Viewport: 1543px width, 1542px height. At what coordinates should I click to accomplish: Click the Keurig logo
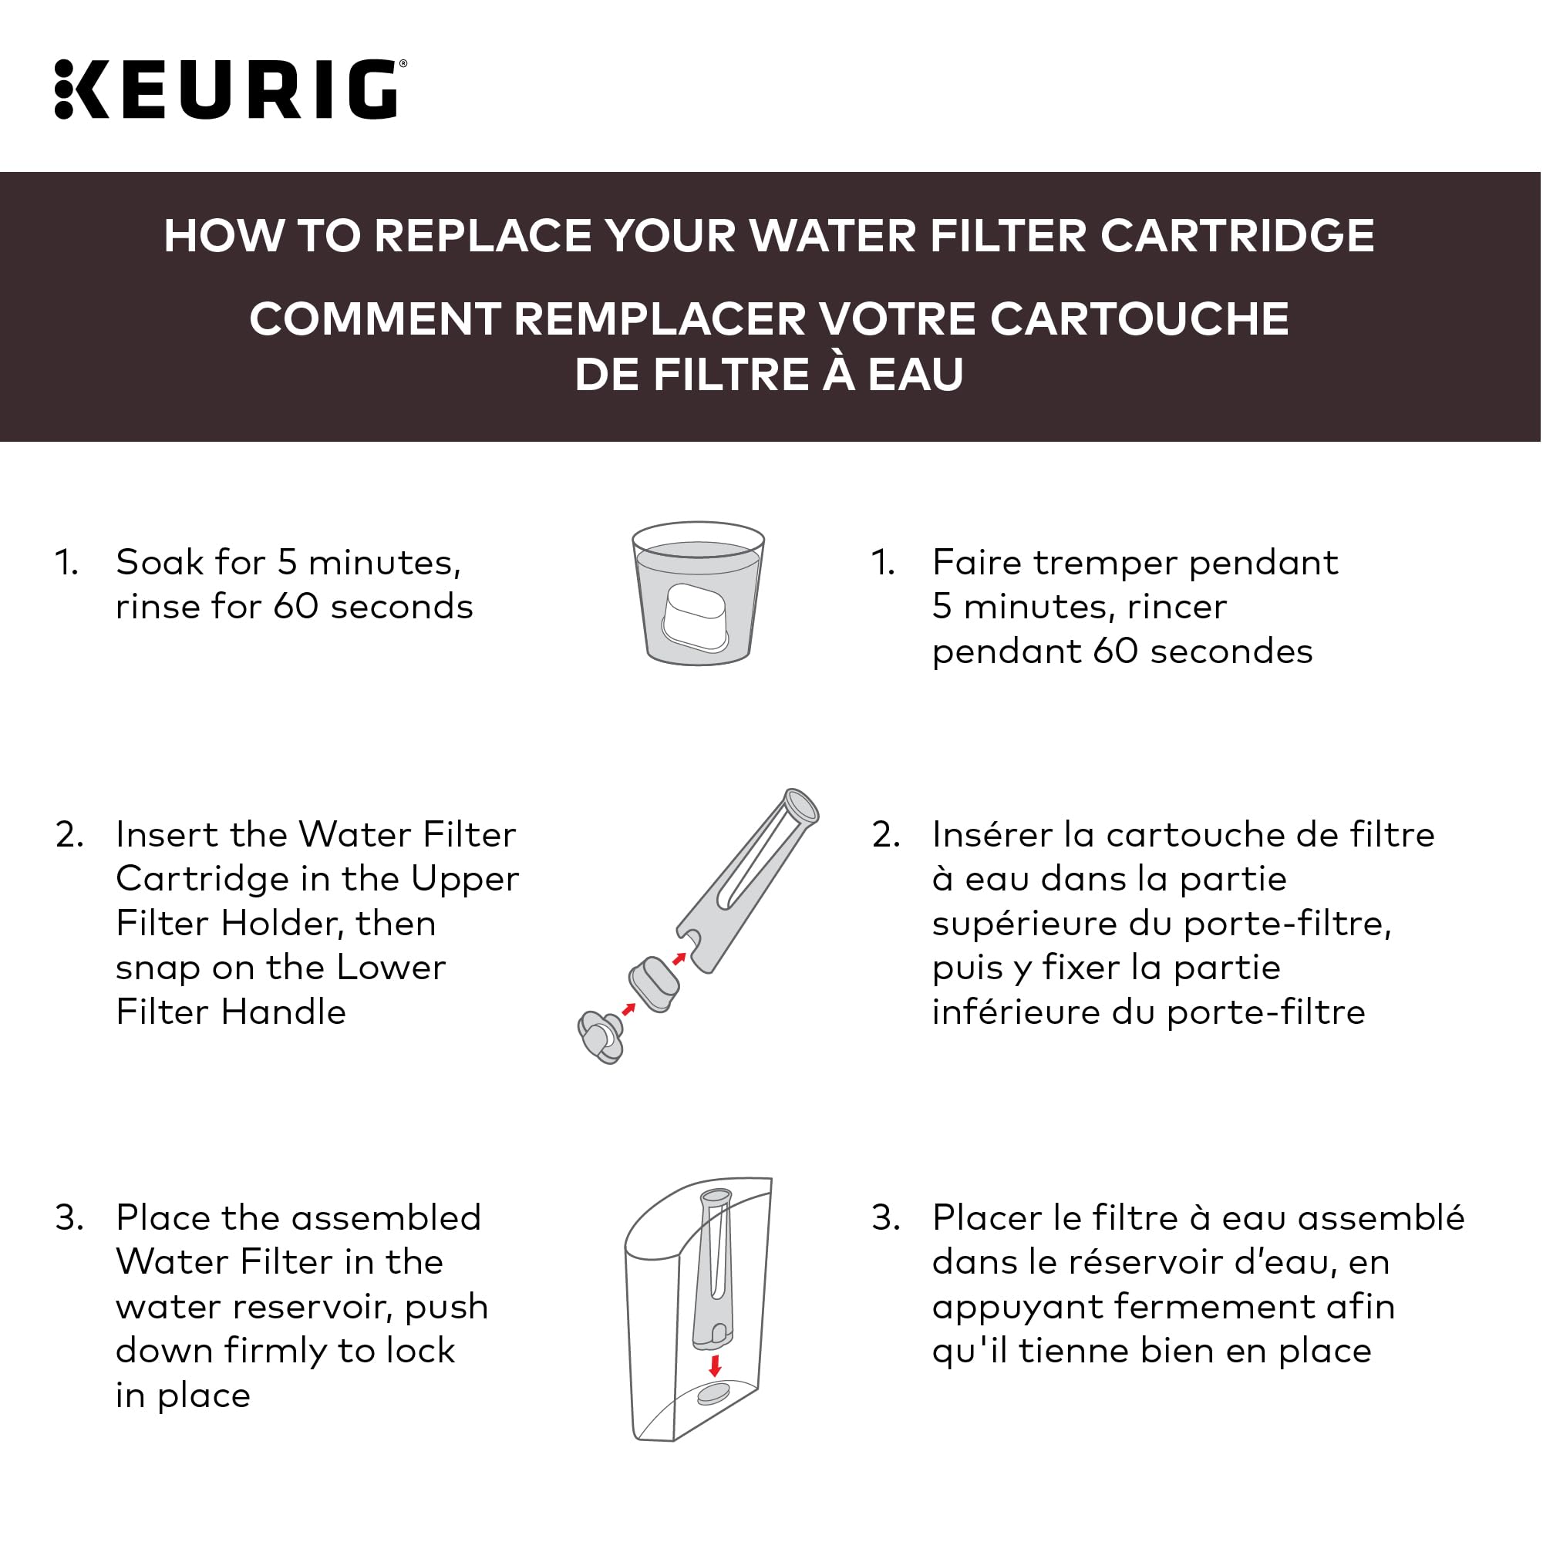tap(230, 89)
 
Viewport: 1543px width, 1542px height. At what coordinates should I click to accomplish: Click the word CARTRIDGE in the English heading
tap(1237, 236)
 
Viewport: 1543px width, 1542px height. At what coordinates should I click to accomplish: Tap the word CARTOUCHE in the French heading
tap(1140, 318)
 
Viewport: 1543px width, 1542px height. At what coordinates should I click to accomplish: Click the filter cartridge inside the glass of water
tap(696, 618)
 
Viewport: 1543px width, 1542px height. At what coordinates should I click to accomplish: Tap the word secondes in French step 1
tap(1231, 651)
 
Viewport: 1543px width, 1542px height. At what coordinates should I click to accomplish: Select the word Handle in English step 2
tap(283, 1012)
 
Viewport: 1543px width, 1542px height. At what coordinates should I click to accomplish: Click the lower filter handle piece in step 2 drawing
tap(601, 1036)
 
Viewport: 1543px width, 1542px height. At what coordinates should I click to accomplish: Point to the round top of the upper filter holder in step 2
tap(801, 806)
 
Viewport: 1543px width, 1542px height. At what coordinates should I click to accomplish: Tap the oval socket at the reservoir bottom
tap(713, 1394)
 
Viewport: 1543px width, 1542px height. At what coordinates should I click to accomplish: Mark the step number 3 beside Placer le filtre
tap(886, 1219)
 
